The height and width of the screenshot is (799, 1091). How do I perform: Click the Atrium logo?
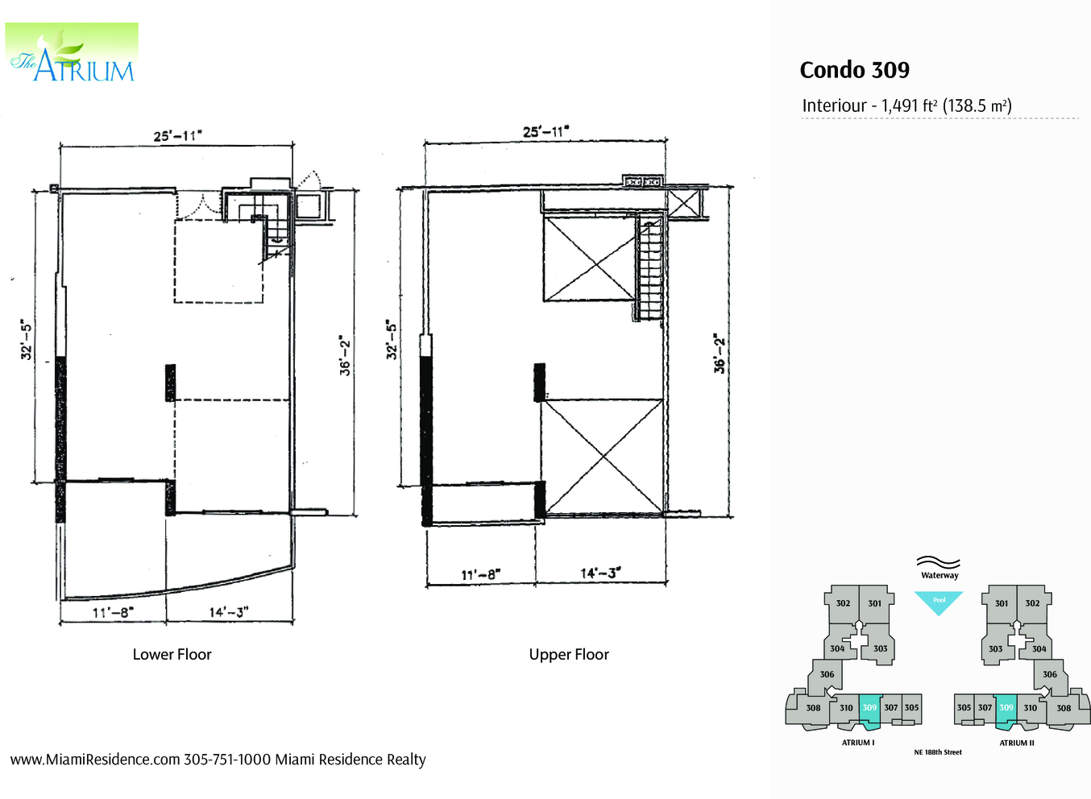click(x=72, y=54)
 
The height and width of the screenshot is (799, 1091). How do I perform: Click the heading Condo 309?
click(x=854, y=70)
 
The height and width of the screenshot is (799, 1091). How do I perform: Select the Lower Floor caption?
click(x=172, y=654)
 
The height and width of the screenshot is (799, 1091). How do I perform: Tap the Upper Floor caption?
click(x=569, y=654)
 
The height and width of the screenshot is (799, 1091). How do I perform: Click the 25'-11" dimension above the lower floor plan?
click(x=177, y=135)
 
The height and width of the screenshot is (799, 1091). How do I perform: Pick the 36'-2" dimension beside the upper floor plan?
click(x=720, y=354)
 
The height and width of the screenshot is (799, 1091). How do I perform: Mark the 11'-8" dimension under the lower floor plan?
click(x=112, y=612)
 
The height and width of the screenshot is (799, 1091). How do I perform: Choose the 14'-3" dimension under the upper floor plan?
click(x=600, y=573)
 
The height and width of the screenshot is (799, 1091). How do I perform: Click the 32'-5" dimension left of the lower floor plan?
click(x=26, y=340)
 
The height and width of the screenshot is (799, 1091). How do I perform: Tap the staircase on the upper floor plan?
click(x=649, y=270)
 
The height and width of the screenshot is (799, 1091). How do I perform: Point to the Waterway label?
click(x=940, y=575)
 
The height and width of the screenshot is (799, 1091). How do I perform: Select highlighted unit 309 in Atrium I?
click(x=869, y=708)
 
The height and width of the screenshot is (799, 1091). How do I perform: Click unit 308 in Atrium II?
click(x=1064, y=708)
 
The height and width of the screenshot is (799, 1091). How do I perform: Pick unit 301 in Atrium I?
click(x=875, y=603)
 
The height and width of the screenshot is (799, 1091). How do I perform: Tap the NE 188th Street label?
click(x=938, y=752)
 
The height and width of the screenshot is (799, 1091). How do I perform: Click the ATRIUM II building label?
click(x=1017, y=743)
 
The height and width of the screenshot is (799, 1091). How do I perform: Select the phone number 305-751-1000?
click(x=227, y=760)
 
